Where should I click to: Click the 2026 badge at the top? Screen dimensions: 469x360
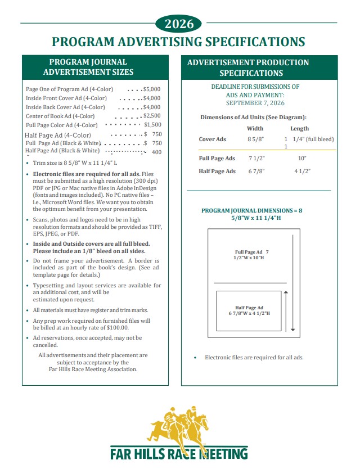coord(179,24)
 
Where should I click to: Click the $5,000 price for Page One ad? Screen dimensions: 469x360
coord(152,89)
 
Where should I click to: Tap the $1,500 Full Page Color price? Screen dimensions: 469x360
coord(152,125)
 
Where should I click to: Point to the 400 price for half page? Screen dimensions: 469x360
coord(156,152)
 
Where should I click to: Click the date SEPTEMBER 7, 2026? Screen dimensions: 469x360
coord(255,103)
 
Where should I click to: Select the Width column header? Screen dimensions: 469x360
coord(255,128)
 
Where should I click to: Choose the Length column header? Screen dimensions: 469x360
coord(299,128)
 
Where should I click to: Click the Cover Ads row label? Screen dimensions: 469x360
coord(213,139)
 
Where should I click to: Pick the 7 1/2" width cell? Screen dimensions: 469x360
coord(256,159)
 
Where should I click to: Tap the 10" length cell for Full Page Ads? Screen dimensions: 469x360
coord(302,159)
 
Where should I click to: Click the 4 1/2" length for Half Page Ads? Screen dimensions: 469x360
coord(302,171)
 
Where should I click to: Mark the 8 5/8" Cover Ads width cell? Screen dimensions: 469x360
coord(256,139)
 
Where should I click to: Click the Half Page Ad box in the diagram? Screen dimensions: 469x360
coord(249,310)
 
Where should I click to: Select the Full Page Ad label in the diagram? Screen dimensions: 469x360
coord(251,254)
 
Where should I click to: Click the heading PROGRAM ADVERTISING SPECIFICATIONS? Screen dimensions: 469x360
coord(178,42)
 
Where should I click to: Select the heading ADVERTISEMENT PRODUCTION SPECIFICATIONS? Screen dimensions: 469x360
coord(248,67)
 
